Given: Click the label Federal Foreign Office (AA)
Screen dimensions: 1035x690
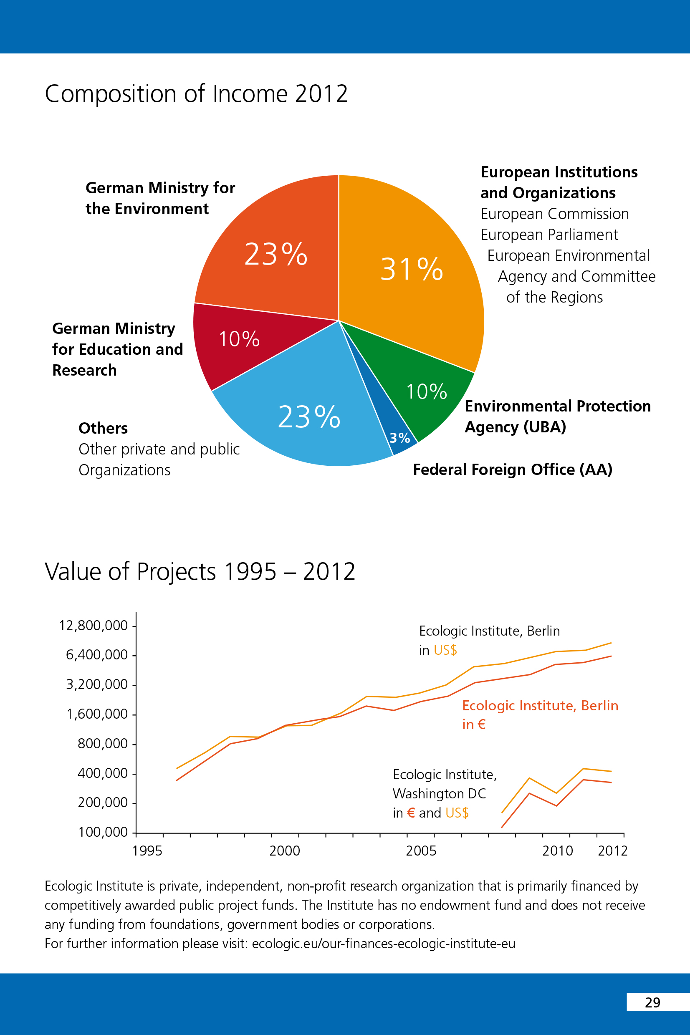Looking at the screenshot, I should click(x=512, y=470).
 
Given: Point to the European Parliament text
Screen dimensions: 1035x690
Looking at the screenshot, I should click(x=549, y=235).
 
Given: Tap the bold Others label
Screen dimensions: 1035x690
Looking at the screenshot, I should click(x=103, y=429).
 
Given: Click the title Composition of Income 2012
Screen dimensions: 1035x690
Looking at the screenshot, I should click(x=196, y=93).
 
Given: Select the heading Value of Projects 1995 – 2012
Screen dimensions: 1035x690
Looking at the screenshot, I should click(x=200, y=571).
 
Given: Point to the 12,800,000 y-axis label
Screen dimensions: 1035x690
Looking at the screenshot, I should click(x=93, y=626).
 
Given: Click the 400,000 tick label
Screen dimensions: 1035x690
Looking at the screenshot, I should click(x=102, y=773).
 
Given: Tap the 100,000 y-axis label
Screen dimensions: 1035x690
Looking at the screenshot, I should click(x=103, y=832).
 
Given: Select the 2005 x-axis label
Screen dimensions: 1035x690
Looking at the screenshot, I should click(x=421, y=851).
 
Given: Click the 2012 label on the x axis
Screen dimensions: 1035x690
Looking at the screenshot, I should click(x=612, y=851).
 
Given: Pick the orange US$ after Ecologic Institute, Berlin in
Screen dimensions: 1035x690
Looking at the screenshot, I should click(x=445, y=650).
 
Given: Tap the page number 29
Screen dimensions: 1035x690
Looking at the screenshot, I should click(x=652, y=1002).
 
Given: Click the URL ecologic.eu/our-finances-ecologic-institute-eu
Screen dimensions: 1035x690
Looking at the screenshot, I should click(x=383, y=944).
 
